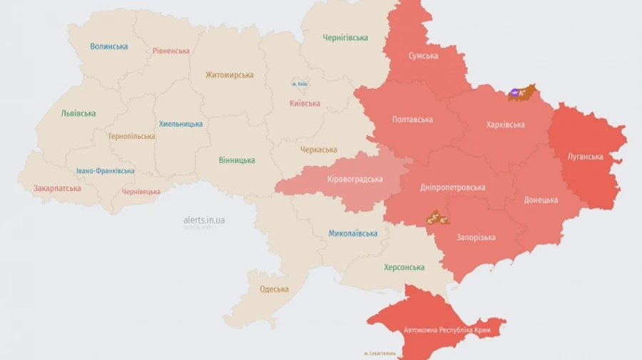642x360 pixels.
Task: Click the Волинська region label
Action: point(109,46)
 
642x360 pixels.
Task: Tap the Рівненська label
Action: point(171,51)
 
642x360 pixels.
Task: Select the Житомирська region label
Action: point(230,75)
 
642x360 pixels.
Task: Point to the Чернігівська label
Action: point(345,37)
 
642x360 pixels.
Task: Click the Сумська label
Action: point(423,56)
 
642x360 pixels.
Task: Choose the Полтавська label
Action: point(412,119)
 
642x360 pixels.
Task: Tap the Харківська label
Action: point(505,125)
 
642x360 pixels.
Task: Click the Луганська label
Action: point(585,157)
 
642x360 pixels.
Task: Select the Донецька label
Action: point(541,200)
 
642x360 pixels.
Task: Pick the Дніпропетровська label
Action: point(452,187)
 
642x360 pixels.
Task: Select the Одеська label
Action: point(275,289)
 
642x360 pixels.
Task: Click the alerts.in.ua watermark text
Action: point(204,220)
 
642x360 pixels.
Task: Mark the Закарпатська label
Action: point(57,189)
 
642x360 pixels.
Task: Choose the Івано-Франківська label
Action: point(106,171)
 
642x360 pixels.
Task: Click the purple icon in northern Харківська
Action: point(515,92)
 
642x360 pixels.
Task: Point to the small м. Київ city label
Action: point(300,84)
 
